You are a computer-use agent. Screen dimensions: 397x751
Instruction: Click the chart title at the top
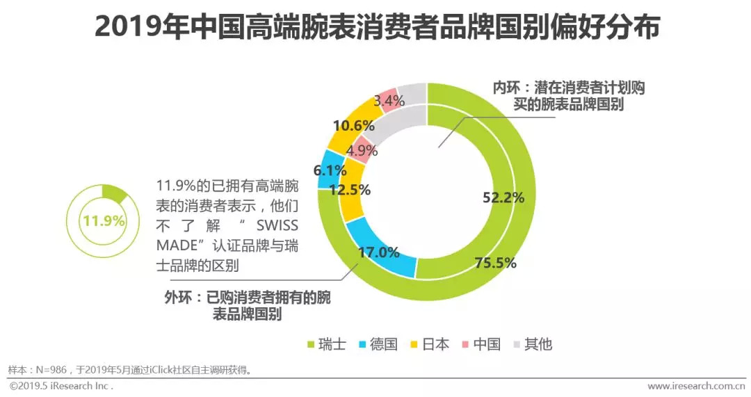pyautogui.click(x=376, y=29)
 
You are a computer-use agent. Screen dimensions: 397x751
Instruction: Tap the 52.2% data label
pyautogui.click(x=503, y=197)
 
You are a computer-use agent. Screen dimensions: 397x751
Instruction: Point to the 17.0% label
pyautogui.click(x=378, y=252)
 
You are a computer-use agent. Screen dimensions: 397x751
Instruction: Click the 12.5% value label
pyautogui.click(x=350, y=189)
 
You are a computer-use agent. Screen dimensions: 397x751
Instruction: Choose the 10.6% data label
pyautogui.click(x=354, y=126)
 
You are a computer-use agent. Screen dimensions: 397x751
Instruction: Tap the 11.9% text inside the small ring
pyautogui.click(x=103, y=221)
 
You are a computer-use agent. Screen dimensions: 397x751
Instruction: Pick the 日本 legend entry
pyautogui.click(x=428, y=344)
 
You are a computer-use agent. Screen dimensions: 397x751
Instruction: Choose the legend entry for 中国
pyautogui.click(x=481, y=344)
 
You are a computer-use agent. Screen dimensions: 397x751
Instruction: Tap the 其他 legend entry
pyautogui.click(x=532, y=344)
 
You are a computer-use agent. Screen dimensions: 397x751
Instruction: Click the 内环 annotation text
pyautogui.click(x=569, y=97)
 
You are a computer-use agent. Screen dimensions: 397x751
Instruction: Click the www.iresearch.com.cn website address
pyautogui.click(x=692, y=386)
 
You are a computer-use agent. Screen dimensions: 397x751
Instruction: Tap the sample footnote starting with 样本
pyautogui.click(x=129, y=369)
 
